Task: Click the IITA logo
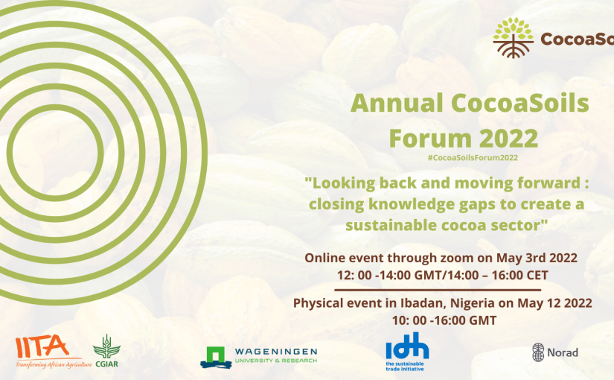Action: (48, 352)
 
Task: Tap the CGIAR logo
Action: (106, 351)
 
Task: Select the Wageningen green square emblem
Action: (215, 357)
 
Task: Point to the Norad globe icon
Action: (538, 352)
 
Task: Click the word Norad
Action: (563, 352)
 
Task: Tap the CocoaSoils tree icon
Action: (513, 38)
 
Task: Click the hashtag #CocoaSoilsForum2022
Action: (473, 158)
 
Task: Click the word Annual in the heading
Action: (397, 103)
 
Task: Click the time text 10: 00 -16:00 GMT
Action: (444, 320)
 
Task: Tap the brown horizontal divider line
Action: (438, 290)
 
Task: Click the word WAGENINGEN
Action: (276, 352)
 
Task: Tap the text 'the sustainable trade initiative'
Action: (405, 367)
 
